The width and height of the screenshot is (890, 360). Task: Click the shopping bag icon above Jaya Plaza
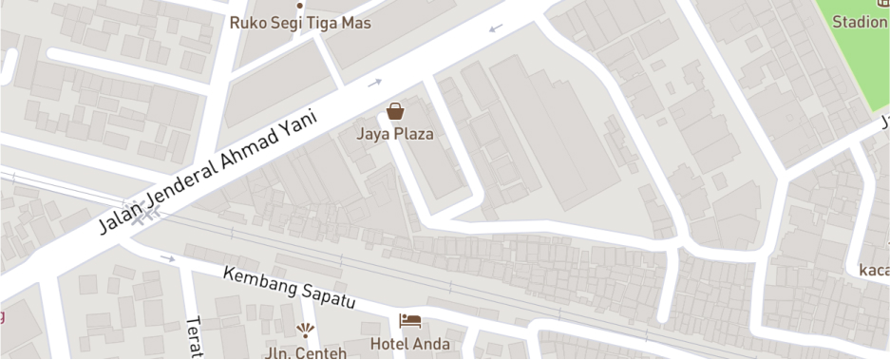[x=395, y=111]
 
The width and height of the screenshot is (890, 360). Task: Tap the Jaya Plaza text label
[x=395, y=134]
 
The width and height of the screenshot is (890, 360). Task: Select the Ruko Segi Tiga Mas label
[x=300, y=23]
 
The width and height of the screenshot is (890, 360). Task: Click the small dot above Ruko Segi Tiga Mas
[x=300, y=4]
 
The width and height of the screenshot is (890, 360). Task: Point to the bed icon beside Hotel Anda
[x=410, y=321]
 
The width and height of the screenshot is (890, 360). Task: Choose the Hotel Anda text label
[x=410, y=344]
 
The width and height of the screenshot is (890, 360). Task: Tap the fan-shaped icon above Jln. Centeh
[x=305, y=331]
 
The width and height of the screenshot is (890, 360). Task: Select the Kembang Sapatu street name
[x=289, y=287]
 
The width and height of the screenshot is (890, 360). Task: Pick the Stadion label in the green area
[x=860, y=22]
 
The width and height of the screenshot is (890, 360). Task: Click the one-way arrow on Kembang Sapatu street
[x=168, y=257]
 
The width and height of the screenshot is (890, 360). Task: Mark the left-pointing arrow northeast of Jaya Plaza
[x=496, y=28]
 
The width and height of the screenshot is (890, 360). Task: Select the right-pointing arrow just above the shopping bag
[x=375, y=84]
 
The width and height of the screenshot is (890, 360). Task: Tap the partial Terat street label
[x=195, y=338]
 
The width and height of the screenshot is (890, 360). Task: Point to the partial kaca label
[x=874, y=270]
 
